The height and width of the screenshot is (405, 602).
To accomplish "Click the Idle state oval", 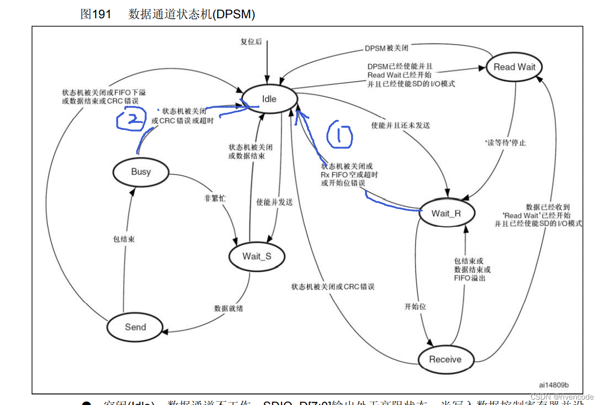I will click(269, 99).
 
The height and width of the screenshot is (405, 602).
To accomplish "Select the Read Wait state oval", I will click(514, 67).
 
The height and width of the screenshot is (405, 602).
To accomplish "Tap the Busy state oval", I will click(141, 172).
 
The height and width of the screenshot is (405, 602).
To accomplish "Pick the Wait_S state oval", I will click(256, 256).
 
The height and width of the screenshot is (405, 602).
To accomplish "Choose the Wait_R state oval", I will click(446, 213).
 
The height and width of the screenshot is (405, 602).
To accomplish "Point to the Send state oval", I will click(135, 327).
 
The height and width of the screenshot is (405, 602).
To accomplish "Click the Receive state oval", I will click(445, 359).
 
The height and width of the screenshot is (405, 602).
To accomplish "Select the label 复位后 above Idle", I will click(250, 41).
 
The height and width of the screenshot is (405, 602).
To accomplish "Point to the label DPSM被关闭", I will click(386, 48).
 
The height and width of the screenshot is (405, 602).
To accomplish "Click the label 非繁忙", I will click(215, 198).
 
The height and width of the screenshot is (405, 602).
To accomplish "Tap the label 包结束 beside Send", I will click(124, 239).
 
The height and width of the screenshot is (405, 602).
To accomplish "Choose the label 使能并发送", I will click(274, 202).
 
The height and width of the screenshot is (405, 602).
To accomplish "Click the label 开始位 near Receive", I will click(415, 306).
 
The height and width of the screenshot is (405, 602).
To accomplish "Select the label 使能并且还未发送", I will click(400, 125).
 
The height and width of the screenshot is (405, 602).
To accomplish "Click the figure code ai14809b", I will click(554, 384).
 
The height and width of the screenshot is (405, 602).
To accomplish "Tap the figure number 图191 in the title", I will click(96, 15).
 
